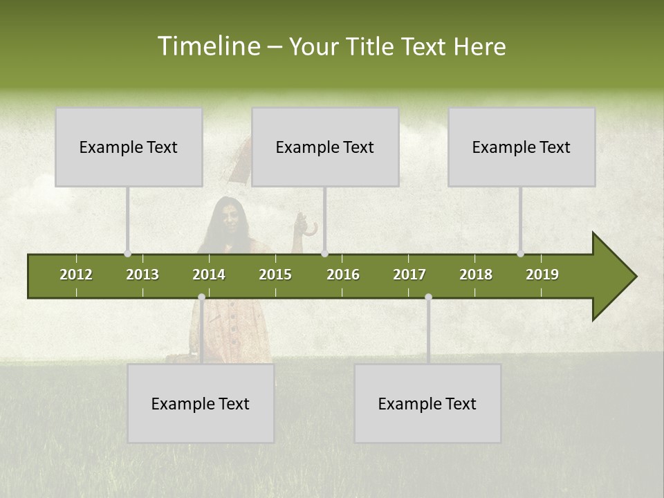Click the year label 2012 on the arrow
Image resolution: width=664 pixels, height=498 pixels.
point(76,275)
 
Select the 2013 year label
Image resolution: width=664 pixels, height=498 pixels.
point(142,275)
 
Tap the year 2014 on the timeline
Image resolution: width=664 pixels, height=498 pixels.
point(209,275)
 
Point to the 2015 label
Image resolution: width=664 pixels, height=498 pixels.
point(275,275)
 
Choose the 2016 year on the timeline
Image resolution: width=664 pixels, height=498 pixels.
point(343,275)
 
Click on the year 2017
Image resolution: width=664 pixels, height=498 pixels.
point(409,275)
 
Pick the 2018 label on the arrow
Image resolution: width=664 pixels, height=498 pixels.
point(476,275)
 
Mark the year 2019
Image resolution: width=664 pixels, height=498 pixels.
point(542,275)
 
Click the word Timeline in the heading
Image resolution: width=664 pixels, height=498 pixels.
point(207,46)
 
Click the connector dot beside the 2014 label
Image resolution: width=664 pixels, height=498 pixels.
point(201,297)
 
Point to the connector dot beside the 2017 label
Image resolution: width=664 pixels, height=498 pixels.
point(428,297)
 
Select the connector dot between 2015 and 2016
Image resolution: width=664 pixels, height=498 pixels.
point(324,254)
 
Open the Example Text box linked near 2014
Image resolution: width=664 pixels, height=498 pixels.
point(201,403)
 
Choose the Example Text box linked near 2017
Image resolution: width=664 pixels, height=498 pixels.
point(427,403)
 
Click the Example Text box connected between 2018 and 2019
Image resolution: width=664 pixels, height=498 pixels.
point(522,147)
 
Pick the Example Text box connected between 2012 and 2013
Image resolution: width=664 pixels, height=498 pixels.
point(129,147)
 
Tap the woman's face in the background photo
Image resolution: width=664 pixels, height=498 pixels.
point(231,216)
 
